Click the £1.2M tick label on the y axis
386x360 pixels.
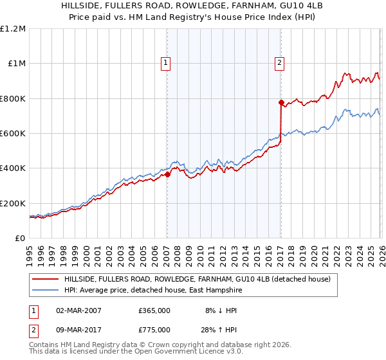(13, 29)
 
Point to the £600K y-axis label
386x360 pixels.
(13, 134)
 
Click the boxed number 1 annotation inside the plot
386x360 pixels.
(166, 63)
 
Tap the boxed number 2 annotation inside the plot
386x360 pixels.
(280, 63)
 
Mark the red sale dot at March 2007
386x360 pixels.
(167, 174)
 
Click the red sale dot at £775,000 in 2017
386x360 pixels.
(281, 102)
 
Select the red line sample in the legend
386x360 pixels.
(45, 279)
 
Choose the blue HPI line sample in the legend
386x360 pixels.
(45, 291)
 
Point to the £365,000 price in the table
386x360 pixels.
(154, 310)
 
